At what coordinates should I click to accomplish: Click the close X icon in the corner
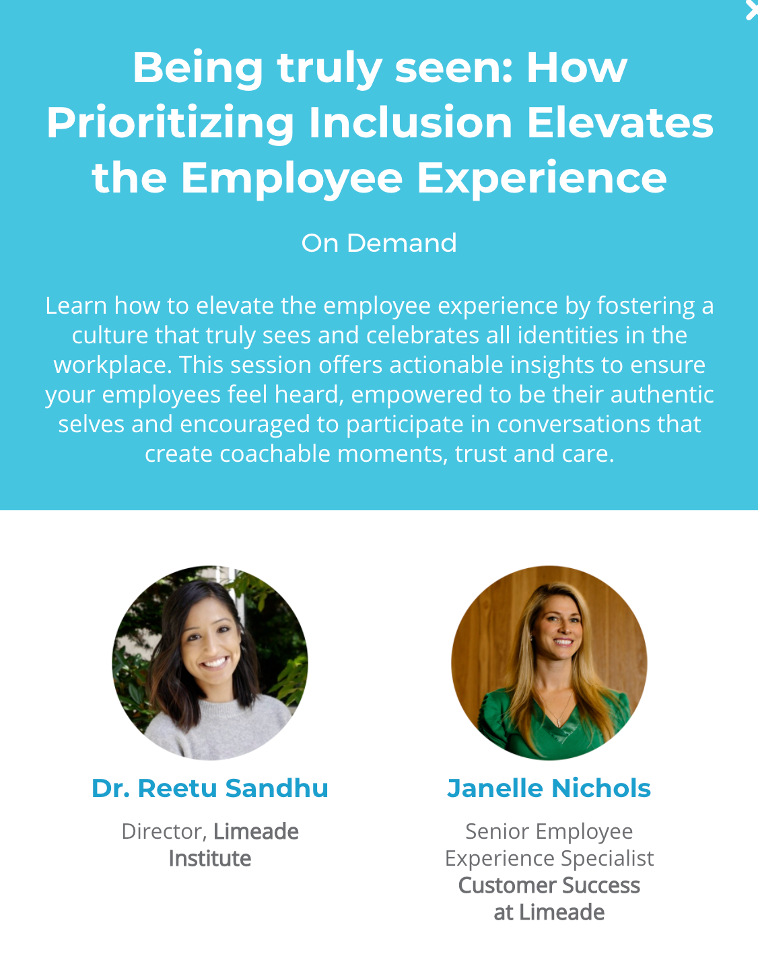click(753, 11)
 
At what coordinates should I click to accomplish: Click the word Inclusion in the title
click(411, 123)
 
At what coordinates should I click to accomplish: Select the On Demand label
click(379, 243)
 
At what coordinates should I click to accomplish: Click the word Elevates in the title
click(620, 123)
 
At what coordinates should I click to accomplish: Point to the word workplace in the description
click(113, 366)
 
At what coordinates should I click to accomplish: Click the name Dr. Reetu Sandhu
click(210, 788)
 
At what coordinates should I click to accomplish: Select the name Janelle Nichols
click(549, 788)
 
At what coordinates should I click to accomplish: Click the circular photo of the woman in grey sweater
click(210, 662)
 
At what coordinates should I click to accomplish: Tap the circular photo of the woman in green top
click(549, 662)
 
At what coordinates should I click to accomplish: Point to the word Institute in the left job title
click(210, 859)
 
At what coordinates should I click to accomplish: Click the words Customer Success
click(549, 886)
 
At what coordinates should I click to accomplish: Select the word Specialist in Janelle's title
click(607, 859)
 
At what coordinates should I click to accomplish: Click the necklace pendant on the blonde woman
click(558, 721)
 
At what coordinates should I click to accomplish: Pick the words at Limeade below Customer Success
click(549, 912)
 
